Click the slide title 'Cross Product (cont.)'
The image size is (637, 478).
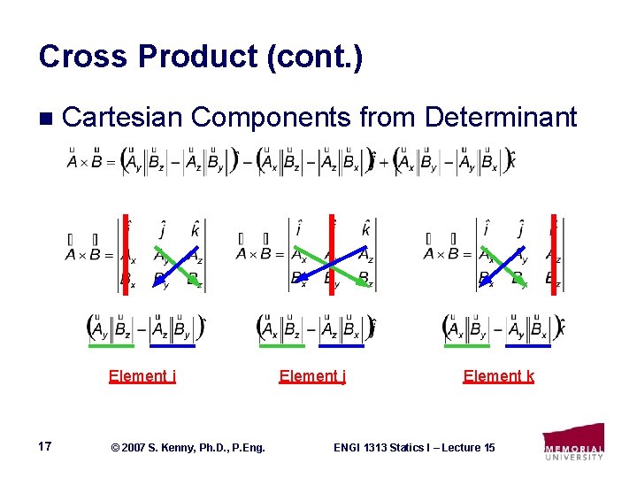coord(200,57)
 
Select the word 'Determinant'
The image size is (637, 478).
coord(501,117)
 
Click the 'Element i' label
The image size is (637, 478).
coord(142,375)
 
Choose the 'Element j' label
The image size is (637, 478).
coord(312,375)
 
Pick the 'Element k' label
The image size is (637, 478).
coord(498,375)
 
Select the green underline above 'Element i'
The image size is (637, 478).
coord(112,346)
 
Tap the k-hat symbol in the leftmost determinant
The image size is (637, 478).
coord(195,230)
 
